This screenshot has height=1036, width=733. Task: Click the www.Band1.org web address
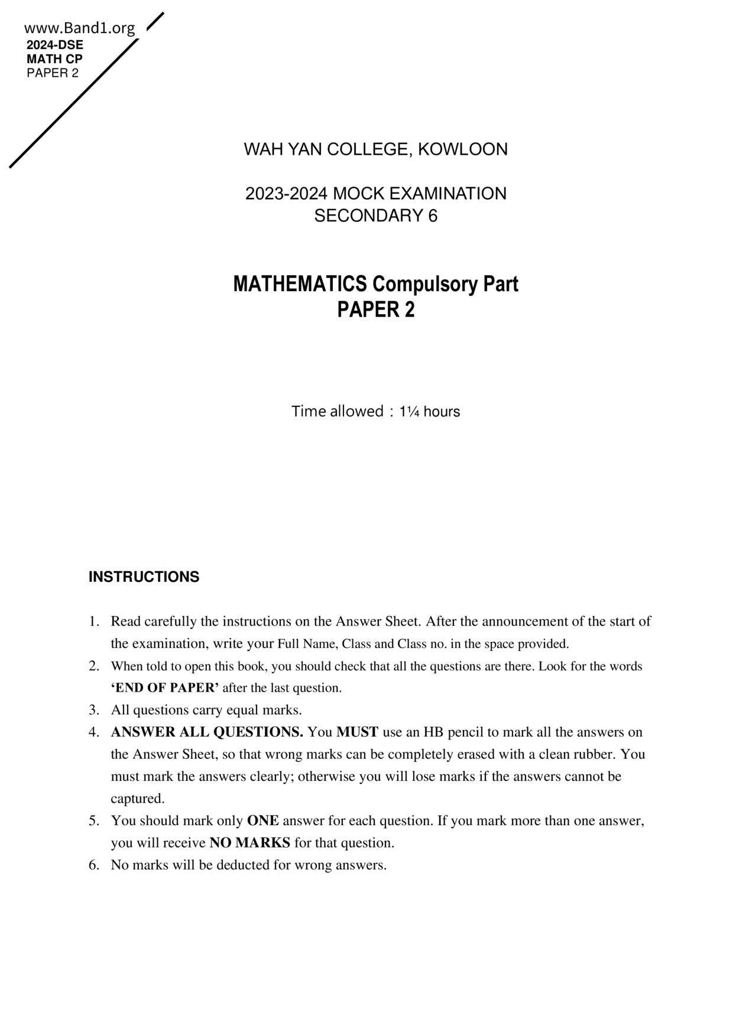coord(79,28)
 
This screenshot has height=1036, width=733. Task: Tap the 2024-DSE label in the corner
coord(54,45)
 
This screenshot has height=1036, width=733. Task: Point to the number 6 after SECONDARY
coord(433,216)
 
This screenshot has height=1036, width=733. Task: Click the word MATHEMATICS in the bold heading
coord(300,284)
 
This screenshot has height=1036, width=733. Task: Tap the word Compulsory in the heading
coord(426,284)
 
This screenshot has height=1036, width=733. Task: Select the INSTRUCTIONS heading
coord(144,576)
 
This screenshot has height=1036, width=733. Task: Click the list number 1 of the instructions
coord(93,621)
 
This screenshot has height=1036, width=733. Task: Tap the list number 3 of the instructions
coord(93,710)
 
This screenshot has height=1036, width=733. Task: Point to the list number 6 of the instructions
coord(93,865)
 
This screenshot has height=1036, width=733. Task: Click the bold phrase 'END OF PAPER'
coord(165,688)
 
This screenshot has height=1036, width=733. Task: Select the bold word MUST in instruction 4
coord(357,732)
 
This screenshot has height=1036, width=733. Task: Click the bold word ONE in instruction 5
coord(262,820)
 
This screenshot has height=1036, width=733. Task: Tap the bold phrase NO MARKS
coord(249,843)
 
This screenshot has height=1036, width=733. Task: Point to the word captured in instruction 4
coord(138,799)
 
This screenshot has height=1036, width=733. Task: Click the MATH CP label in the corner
coord(54,59)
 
